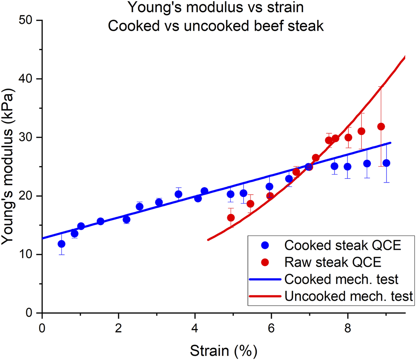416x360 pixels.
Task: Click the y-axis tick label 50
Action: pos(29,21)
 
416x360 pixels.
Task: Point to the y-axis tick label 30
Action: pos(29,138)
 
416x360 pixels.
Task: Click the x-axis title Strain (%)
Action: pos(224,349)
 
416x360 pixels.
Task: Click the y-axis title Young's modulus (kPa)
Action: pos(9,167)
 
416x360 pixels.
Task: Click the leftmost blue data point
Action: pos(61,244)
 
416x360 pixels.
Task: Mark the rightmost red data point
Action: pos(381,127)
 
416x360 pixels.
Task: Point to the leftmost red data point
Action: pos(231,218)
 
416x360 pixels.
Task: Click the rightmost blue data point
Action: pos(386,163)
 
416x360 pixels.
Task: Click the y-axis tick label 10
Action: pos(29,255)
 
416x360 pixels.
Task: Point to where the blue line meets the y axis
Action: pos(42,239)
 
